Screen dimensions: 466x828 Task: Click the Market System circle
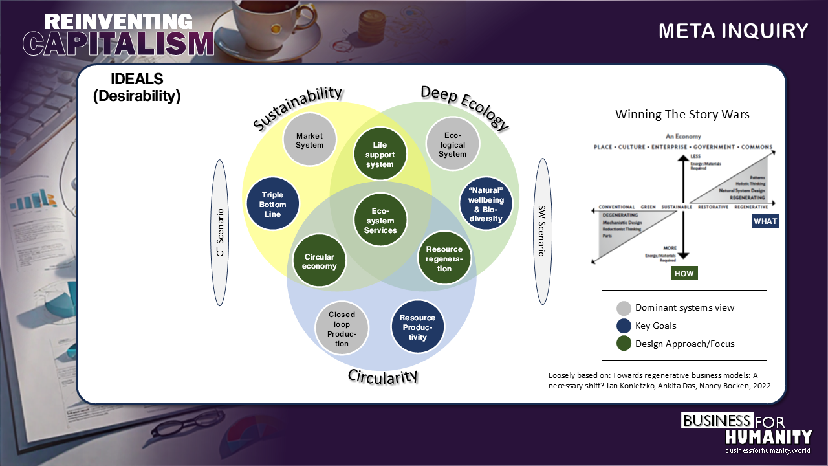(x=309, y=140)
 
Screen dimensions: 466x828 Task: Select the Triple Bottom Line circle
(x=272, y=204)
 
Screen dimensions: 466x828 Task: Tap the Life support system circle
(x=380, y=155)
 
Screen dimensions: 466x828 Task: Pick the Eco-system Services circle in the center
(x=380, y=220)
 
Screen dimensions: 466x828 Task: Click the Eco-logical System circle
(x=452, y=144)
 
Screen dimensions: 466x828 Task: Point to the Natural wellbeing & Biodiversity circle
(x=486, y=205)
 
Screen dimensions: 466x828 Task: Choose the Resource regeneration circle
(x=444, y=259)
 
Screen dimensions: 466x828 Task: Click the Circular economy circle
(x=319, y=261)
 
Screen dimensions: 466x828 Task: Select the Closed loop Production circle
(x=342, y=329)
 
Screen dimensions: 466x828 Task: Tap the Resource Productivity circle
(x=417, y=327)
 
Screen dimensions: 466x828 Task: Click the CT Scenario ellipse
(x=220, y=232)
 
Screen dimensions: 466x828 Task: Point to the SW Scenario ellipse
(x=542, y=231)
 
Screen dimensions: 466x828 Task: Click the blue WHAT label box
(x=765, y=221)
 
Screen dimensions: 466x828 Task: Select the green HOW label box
(x=684, y=273)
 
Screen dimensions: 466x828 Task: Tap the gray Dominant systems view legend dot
(x=624, y=308)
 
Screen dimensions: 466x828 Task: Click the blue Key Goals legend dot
(x=624, y=326)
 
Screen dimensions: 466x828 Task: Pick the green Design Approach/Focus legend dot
(x=624, y=344)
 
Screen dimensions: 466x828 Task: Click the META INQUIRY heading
(x=734, y=31)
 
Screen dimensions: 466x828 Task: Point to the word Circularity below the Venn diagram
(x=383, y=376)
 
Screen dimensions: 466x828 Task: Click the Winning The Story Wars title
(x=682, y=115)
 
